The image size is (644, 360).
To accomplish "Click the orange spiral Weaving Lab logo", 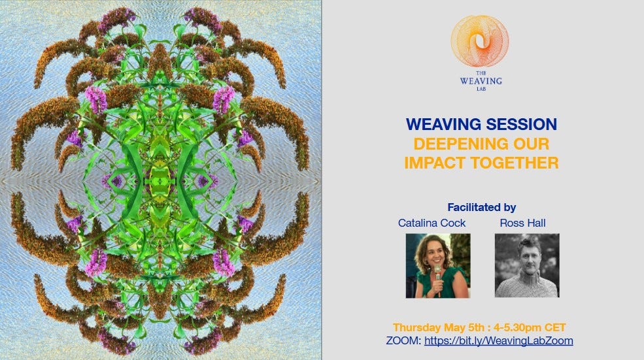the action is (x=480, y=41).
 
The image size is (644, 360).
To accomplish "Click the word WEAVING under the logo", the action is (x=481, y=81).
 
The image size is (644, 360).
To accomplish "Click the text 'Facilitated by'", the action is (x=482, y=207).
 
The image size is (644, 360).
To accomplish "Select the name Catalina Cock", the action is (x=432, y=223).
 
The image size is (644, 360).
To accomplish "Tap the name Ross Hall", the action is (x=522, y=223).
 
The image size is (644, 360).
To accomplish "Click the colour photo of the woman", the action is (x=438, y=265).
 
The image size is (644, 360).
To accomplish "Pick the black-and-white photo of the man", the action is (x=527, y=265).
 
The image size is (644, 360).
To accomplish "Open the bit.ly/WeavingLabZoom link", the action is (x=499, y=340).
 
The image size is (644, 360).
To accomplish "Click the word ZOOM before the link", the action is (x=403, y=340).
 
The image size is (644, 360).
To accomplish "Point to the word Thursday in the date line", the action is (x=416, y=327).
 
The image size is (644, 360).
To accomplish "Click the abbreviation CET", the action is (x=555, y=327).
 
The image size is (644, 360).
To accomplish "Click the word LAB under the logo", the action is (x=481, y=89).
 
